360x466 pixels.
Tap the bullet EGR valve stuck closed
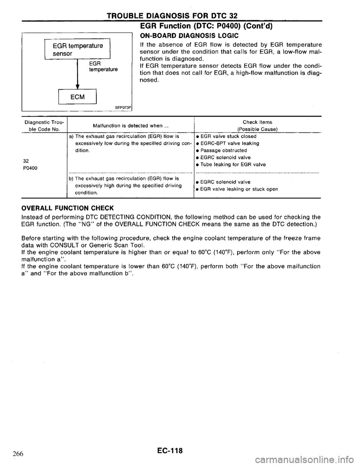click(x=228, y=136)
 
